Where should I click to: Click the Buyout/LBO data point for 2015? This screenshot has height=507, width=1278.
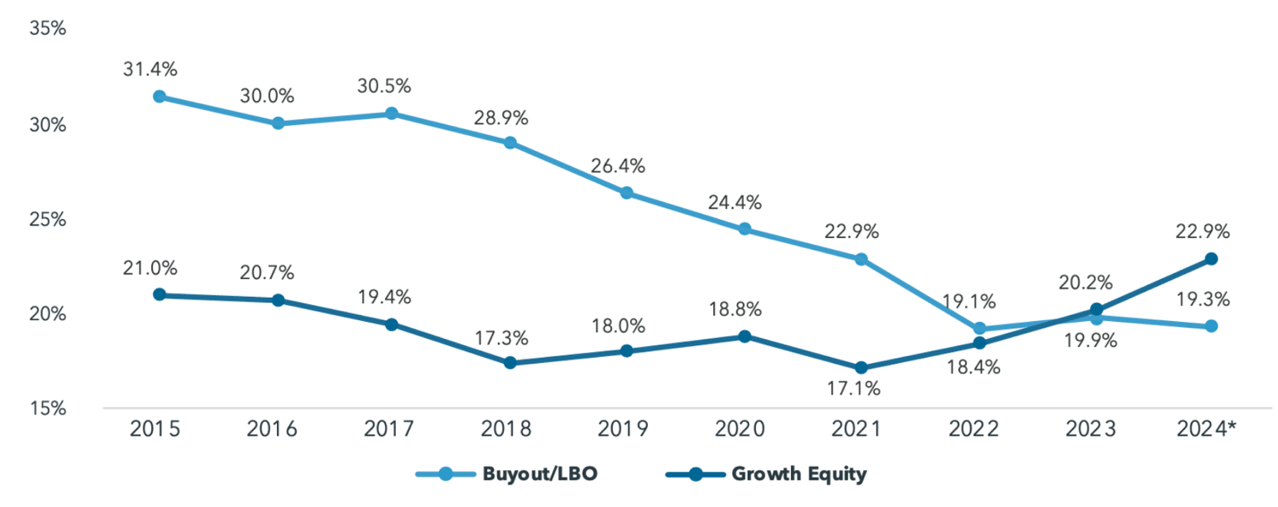click(x=159, y=97)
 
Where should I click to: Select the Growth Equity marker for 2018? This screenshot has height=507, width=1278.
click(x=509, y=363)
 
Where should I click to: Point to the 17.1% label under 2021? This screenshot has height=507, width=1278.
click(x=858, y=390)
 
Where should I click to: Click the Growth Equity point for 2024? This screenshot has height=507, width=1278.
click(x=1211, y=258)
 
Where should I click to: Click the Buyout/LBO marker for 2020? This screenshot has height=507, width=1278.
click(x=744, y=229)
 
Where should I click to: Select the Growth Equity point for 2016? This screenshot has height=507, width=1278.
click(x=278, y=300)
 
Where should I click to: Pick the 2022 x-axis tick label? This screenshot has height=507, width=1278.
click(x=977, y=430)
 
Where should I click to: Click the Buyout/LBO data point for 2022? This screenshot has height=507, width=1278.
click(x=980, y=329)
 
